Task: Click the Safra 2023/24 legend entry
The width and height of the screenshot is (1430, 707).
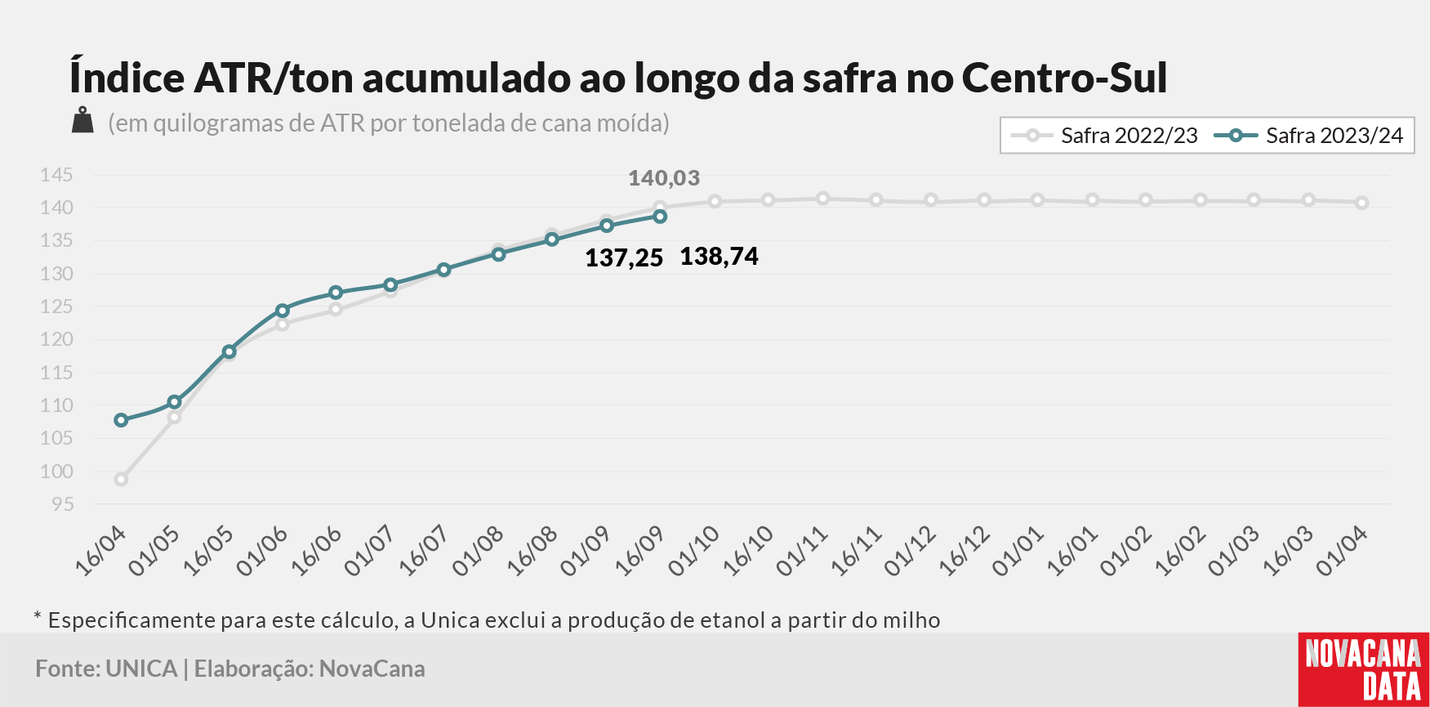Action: [x=1308, y=136]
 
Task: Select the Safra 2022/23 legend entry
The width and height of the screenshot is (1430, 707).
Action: [x=1104, y=136]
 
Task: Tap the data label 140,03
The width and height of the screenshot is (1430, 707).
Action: [x=664, y=178]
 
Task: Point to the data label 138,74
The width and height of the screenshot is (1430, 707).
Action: [x=719, y=257]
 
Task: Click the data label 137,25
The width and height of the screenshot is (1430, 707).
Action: [x=624, y=258]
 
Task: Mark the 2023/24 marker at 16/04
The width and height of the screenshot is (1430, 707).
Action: [x=121, y=420]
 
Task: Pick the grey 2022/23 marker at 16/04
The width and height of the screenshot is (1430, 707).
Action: [x=121, y=480]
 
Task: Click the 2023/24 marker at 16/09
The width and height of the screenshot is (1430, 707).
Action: [x=660, y=217]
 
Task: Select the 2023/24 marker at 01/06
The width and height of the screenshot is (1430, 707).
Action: [x=283, y=311]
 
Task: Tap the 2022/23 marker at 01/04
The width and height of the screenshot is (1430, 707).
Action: [x=1361, y=203]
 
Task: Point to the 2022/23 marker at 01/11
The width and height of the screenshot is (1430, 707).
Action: [x=822, y=199]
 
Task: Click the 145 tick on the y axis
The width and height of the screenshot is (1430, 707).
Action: [x=56, y=175]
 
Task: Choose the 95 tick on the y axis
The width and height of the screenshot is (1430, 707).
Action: [x=62, y=504]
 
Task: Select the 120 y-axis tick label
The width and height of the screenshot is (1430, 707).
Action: [x=56, y=339]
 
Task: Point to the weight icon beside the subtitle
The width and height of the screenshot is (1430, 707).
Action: [x=82, y=120]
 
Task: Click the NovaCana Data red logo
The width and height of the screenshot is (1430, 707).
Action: [x=1364, y=669]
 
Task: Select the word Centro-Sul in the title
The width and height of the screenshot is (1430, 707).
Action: [x=1064, y=78]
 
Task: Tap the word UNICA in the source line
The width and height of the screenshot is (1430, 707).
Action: [x=141, y=669]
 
